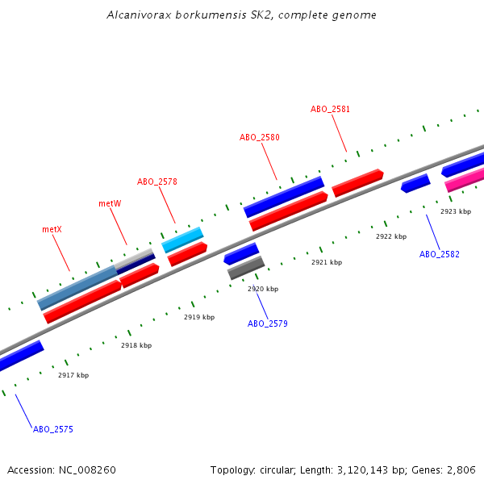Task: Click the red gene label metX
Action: click(x=52, y=229)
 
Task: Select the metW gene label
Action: click(x=110, y=203)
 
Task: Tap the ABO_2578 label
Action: click(x=156, y=181)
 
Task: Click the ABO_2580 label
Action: click(x=259, y=137)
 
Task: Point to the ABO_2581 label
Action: click(x=330, y=109)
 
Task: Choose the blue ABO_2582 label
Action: click(x=439, y=254)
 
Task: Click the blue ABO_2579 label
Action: click(x=267, y=323)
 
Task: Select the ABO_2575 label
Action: click(x=52, y=429)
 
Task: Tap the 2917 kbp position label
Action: click(x=73, y=375)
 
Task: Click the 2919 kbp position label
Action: click(x=199, y=317)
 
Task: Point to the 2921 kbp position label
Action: click(x=327, y=262)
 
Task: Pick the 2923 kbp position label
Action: click(x=455, y=211)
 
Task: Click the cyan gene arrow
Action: click(x=182, y=239)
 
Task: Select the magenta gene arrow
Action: click(x=465, y=180)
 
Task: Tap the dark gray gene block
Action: click(x=246, y=267)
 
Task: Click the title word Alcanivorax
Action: click(x=135, y=15)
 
